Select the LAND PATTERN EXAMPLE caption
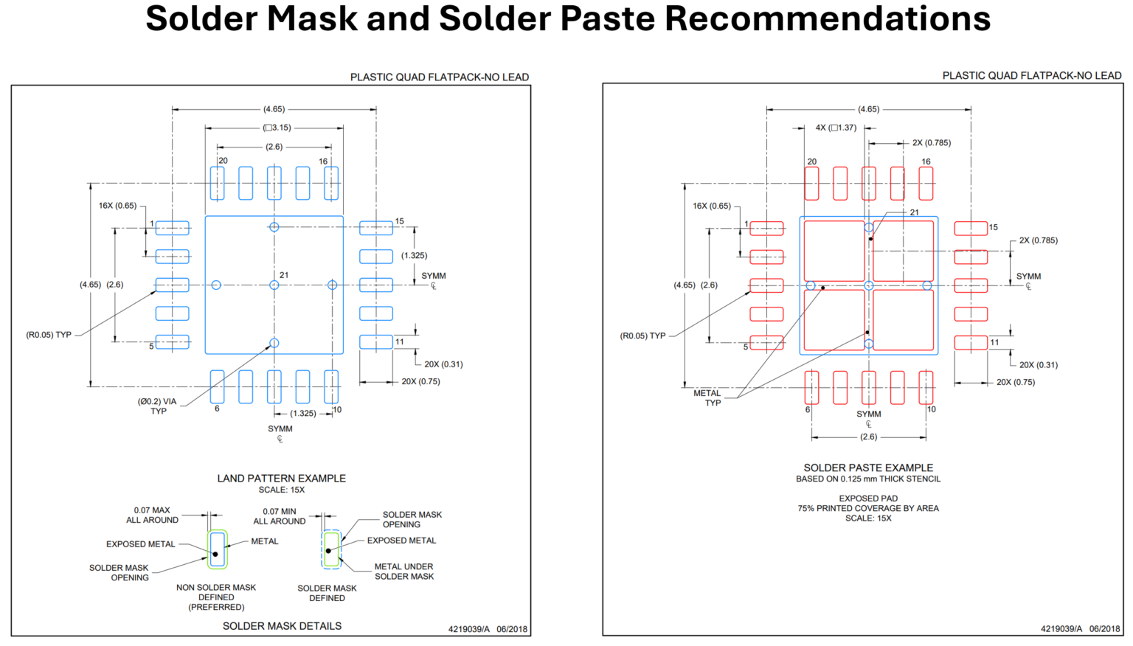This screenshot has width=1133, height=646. pos(281,478)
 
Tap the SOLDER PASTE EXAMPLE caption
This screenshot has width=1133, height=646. pos(868,468)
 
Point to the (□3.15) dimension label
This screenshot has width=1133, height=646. pos(277,128)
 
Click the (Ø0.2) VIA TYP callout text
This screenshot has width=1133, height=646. pos(157,406)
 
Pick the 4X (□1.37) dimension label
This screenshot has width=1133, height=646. pos(836,128)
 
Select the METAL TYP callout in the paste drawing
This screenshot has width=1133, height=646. pos(707,398)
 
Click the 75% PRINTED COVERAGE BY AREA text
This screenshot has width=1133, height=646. pos(868,508)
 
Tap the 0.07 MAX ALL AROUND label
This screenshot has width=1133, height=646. pos(152,515)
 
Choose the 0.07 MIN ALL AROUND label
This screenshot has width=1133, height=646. pos(280,516)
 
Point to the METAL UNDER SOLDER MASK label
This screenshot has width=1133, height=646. pos(403,572)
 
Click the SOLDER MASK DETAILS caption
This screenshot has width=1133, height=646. pos(282,626)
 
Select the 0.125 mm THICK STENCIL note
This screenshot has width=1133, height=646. pos(868,479)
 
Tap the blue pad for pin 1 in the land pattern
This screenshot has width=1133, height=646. pos(172,228)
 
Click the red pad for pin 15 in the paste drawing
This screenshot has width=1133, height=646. pos(971,228)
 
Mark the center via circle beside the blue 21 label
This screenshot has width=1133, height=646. pos(274,285)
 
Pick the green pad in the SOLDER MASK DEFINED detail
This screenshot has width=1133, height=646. pos(332,549)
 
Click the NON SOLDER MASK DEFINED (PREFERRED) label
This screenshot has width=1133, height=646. pos(216,597)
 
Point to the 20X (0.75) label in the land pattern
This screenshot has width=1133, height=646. pos(420,381)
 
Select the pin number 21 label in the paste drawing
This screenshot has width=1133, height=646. pos(915,212)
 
